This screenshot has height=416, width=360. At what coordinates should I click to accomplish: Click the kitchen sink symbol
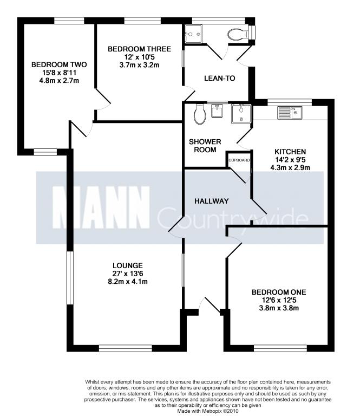290,113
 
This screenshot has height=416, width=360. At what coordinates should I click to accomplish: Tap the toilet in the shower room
200,114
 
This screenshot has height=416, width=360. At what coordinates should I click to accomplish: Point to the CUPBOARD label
239,160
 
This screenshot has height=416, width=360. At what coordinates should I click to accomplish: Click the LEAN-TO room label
219,78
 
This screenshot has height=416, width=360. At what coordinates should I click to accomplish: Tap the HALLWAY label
212,201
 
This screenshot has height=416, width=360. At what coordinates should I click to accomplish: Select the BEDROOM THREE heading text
140,49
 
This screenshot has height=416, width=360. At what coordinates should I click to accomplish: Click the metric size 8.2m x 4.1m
128,282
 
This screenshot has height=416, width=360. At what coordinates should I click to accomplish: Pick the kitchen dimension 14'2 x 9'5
290,160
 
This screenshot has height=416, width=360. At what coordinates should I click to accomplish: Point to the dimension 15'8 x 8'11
59,73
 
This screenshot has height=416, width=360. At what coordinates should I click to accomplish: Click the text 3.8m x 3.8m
279,308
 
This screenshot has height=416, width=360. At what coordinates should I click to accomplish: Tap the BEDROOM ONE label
279,292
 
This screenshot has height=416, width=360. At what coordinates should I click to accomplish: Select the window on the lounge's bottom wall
126,348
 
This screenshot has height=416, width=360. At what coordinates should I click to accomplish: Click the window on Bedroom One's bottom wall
280,348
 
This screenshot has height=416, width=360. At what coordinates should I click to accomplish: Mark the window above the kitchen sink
290,102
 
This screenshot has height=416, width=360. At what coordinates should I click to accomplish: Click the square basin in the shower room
218,111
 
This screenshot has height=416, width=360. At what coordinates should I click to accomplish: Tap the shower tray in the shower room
241,114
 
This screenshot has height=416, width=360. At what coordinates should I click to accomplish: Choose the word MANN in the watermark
101,207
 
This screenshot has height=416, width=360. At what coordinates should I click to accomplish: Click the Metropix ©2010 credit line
208,411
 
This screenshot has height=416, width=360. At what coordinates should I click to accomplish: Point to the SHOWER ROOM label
205,146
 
